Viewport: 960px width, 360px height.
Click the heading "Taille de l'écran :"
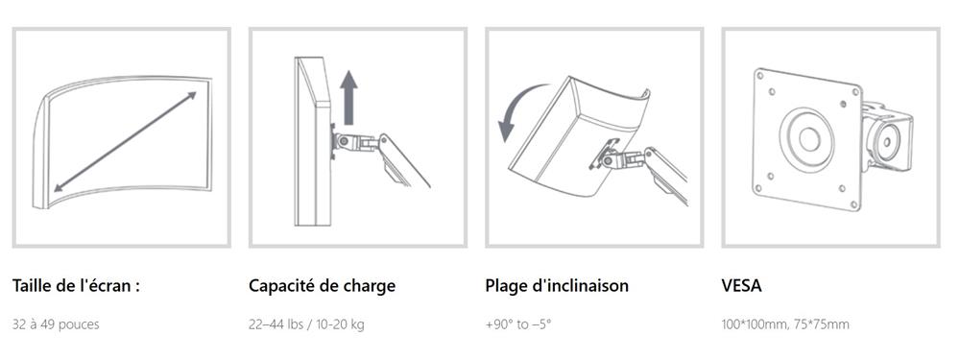pos(76,286)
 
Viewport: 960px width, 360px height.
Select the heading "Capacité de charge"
pos(322,286)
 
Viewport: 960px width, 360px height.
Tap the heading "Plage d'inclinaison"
pos(557,286)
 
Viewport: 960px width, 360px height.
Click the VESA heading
pos(741,286)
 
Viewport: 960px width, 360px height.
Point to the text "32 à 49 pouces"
pos(56,324)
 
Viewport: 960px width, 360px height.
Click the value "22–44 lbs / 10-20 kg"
pos(306,324)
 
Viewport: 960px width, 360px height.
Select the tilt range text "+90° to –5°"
pos(518,324)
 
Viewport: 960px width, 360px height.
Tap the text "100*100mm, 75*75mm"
pos(785,324)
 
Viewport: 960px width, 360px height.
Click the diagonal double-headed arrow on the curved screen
pos(125,141)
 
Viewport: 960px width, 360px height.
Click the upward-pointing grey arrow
pos(349,97)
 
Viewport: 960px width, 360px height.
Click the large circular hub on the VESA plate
pos(807,139)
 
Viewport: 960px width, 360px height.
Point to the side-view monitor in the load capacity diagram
pos(313,141)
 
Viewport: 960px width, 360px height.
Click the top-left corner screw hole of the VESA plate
pos(760,76)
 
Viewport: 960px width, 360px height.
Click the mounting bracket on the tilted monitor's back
pos(603,154)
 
